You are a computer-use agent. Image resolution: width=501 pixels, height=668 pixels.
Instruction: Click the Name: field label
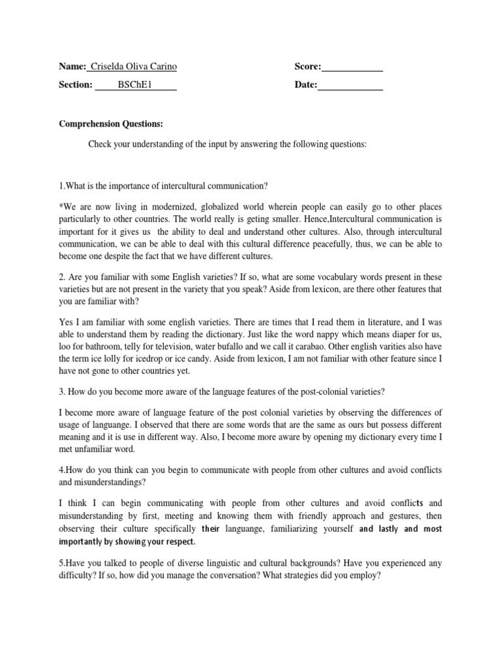click(x=72, y=67)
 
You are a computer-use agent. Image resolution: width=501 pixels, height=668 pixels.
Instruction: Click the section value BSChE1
click(x=134, y=85)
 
